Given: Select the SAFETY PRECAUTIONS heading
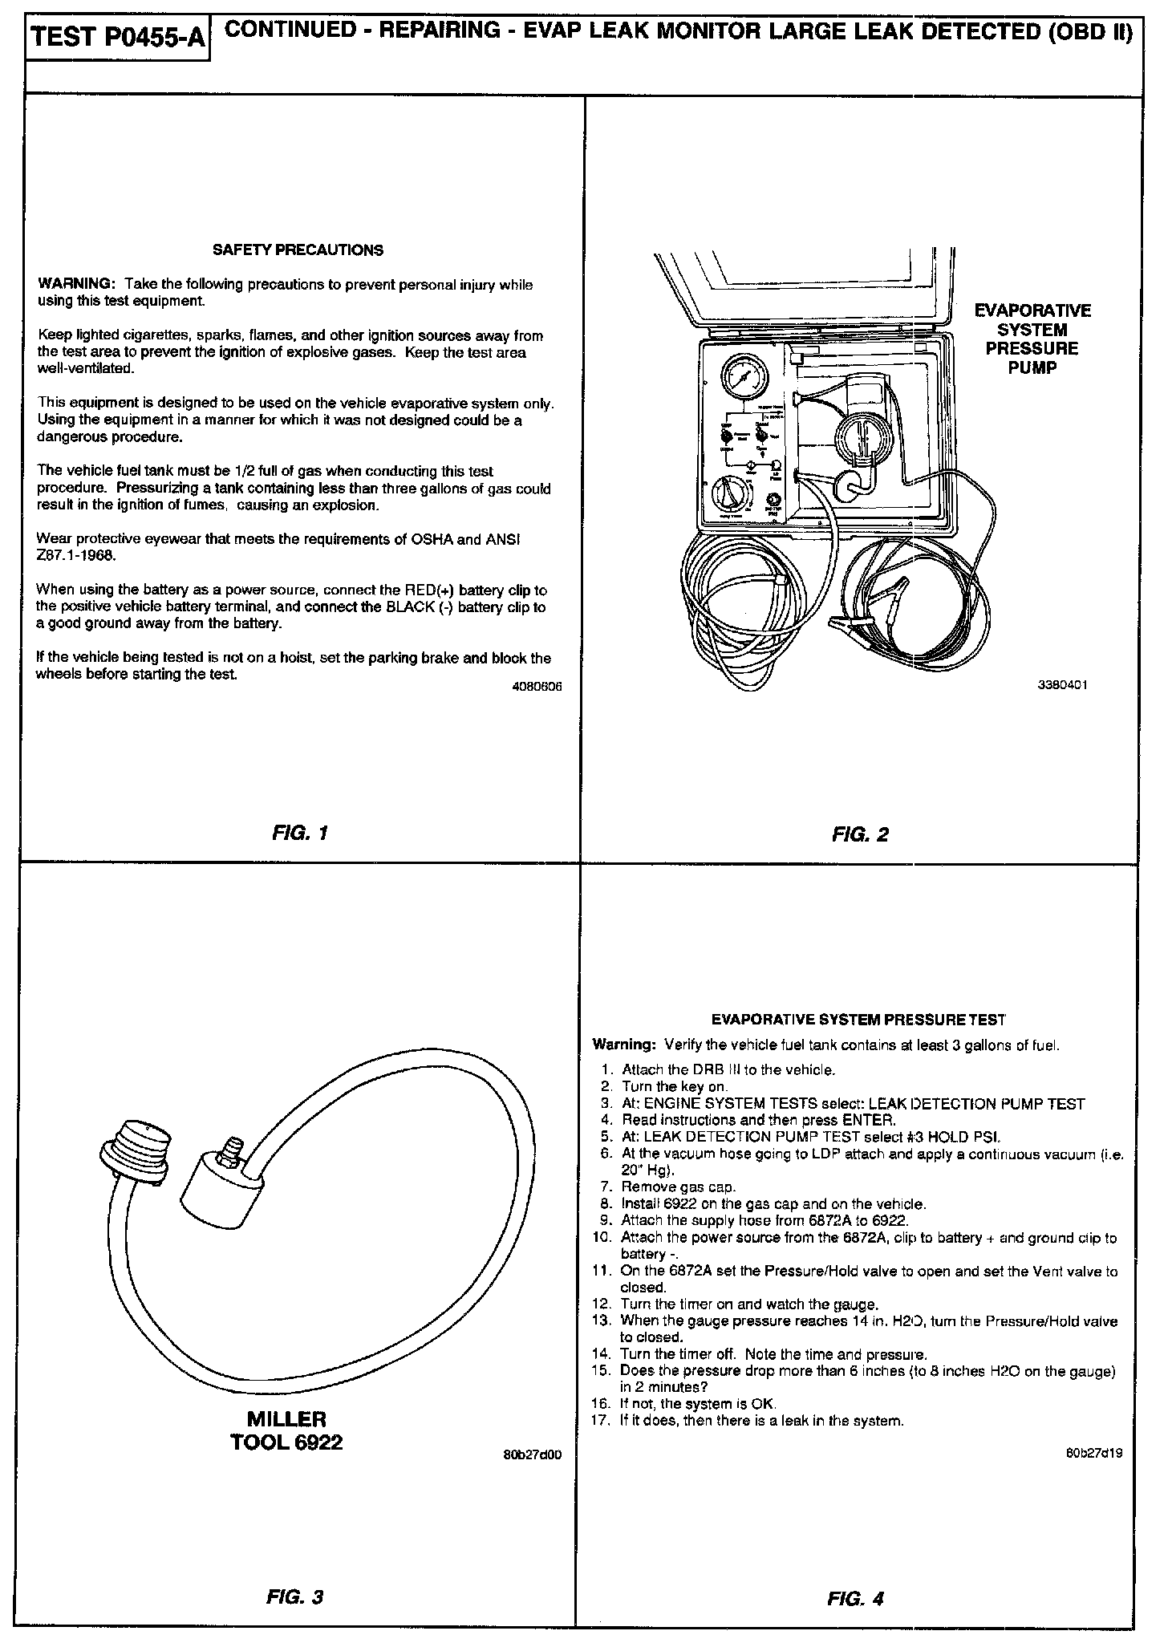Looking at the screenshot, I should tap(298, 250).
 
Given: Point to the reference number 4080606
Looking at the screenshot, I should tap(537, 687).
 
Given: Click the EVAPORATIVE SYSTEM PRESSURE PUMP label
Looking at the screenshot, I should tap(1032, 339).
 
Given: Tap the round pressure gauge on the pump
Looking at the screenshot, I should tap(744, 377).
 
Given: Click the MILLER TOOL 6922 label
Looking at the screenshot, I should tap(286, 1430).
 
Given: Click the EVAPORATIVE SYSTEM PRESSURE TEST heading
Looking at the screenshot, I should tap(858, 1020).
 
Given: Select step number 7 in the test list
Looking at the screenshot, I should tap(606, 1187).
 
